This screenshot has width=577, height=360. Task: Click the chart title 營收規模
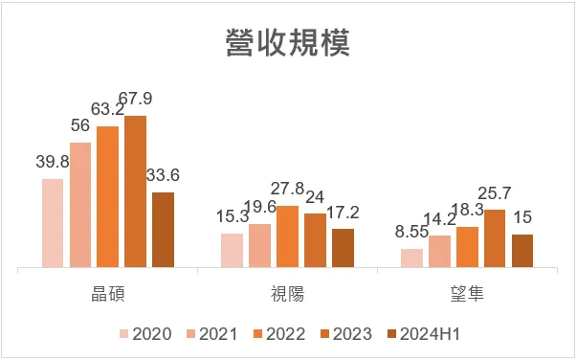(x=288, y=43)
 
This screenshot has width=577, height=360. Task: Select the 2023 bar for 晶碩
(x=136, y=191)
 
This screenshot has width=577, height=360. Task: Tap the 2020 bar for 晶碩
(x=53, y=223)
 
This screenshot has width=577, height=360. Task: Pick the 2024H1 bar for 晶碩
(x=164, y=230)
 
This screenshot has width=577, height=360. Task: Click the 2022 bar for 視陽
(x=287, y=236)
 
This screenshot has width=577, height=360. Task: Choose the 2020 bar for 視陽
(x=232, y=250)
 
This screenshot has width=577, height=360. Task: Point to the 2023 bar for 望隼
(x=495, y=238)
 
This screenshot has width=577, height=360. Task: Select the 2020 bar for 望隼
(x=411, y=258)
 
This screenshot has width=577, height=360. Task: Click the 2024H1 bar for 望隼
(x=522, y=251)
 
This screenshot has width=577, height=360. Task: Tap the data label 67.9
(x=136, y=101)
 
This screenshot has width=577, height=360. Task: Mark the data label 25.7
(x=495, y=194)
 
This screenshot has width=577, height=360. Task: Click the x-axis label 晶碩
(x=108, y=294)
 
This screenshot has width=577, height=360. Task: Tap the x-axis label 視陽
(x=287, y=294)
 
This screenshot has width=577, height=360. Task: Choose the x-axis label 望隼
(x=467, y=294)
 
